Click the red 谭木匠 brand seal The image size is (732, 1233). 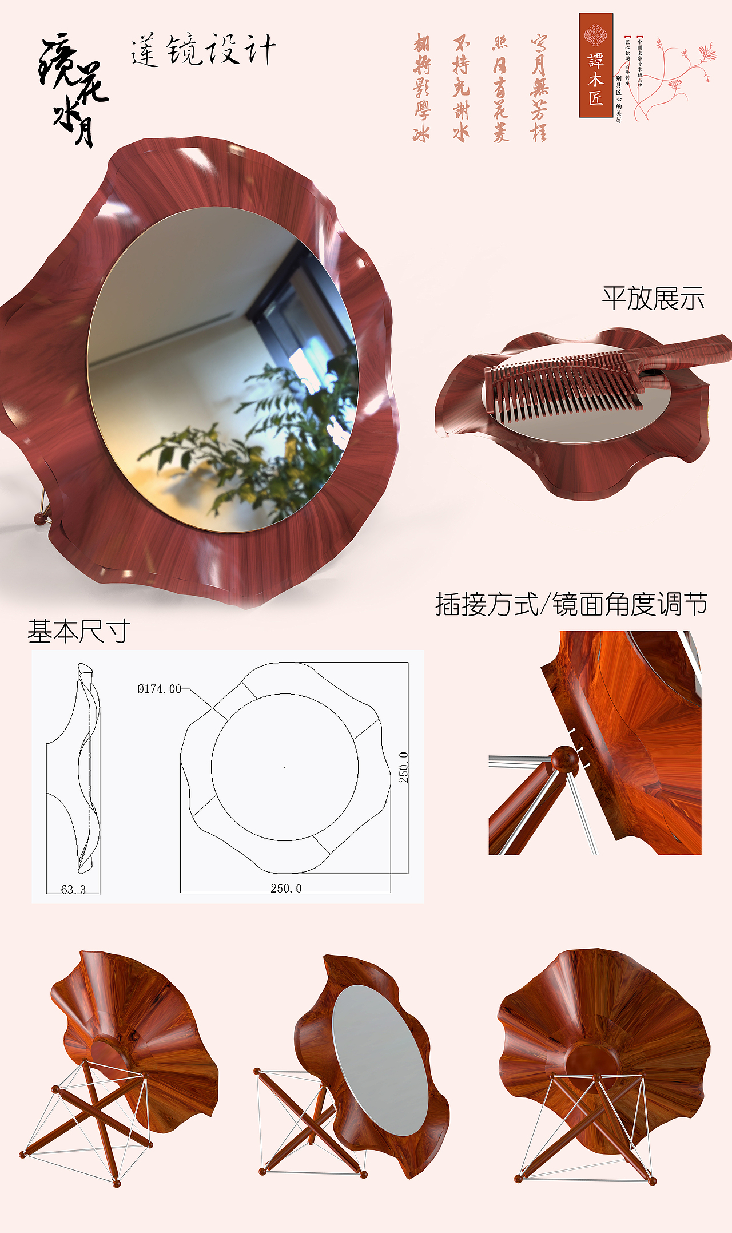[x=595, y=66]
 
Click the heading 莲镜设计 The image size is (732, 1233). [x=203, y=50]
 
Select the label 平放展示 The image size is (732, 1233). [x=653, y=299]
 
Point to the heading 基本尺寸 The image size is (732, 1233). [x=79, y=631]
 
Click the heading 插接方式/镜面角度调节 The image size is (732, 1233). [x=571, y=604]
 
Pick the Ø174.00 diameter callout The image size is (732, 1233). [x=159, y=689]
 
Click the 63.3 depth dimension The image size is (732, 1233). [x=73, y=889]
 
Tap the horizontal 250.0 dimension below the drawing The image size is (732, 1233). [x=286, y=888]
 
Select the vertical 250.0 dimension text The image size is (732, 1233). [x=404, y=767]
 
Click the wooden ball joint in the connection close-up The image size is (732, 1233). [x=564, y=759]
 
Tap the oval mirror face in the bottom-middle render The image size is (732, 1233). [x=380, y=1058]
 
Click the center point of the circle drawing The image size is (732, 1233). [x=285, y=767]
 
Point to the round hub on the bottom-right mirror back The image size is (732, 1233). [x=592, y=1061]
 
